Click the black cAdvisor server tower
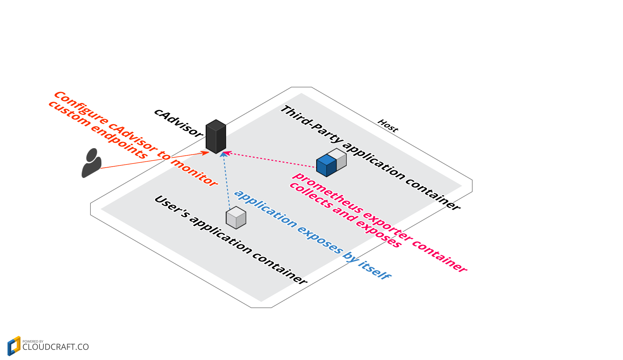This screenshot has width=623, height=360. pos(216,137)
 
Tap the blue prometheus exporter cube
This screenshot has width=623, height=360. pos(326,166)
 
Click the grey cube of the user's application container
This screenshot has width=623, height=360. pos(236,218)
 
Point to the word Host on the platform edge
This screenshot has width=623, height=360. pos(388,126)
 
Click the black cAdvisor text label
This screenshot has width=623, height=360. pos(178,123)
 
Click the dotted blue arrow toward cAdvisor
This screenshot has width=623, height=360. pos(226,182)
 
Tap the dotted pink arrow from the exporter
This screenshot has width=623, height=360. pos(270,160)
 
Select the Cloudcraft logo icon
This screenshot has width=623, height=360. pos(14,346)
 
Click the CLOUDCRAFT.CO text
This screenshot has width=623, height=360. pos(56,347)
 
